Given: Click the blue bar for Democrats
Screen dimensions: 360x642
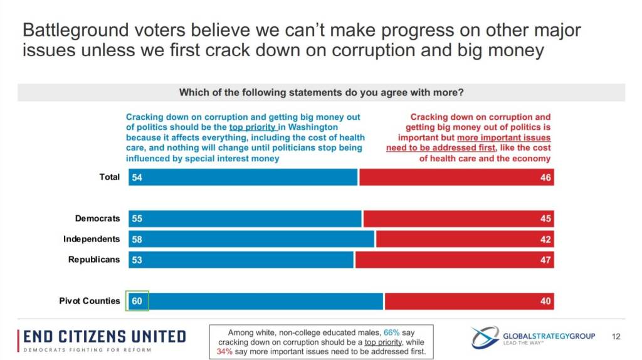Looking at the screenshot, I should click(245, 218).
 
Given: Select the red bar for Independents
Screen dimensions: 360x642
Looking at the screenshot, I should click(465, 239).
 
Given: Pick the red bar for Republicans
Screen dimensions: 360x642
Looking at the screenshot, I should click(455, 260).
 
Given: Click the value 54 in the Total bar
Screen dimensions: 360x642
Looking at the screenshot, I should click(137, 177).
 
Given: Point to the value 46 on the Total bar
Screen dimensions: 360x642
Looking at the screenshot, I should click(545, 177).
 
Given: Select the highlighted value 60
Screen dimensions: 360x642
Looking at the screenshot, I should click(137, 301).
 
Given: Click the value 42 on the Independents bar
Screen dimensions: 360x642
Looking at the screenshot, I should click(545, 239).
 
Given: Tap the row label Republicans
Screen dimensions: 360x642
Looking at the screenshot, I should click(94, 260).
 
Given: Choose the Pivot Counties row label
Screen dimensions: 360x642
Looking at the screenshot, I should click(90, 301).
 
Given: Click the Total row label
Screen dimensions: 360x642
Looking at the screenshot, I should click(110, 177).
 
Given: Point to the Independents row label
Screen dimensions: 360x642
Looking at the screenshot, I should click(92, 239).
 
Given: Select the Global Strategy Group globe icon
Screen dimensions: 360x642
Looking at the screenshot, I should click(485, 337).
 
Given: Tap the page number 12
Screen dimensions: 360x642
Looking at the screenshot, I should click(616, 337).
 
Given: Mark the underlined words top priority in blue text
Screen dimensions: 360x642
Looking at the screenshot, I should click(253, 127).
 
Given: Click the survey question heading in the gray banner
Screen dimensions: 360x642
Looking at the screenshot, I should click(321, 92).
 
